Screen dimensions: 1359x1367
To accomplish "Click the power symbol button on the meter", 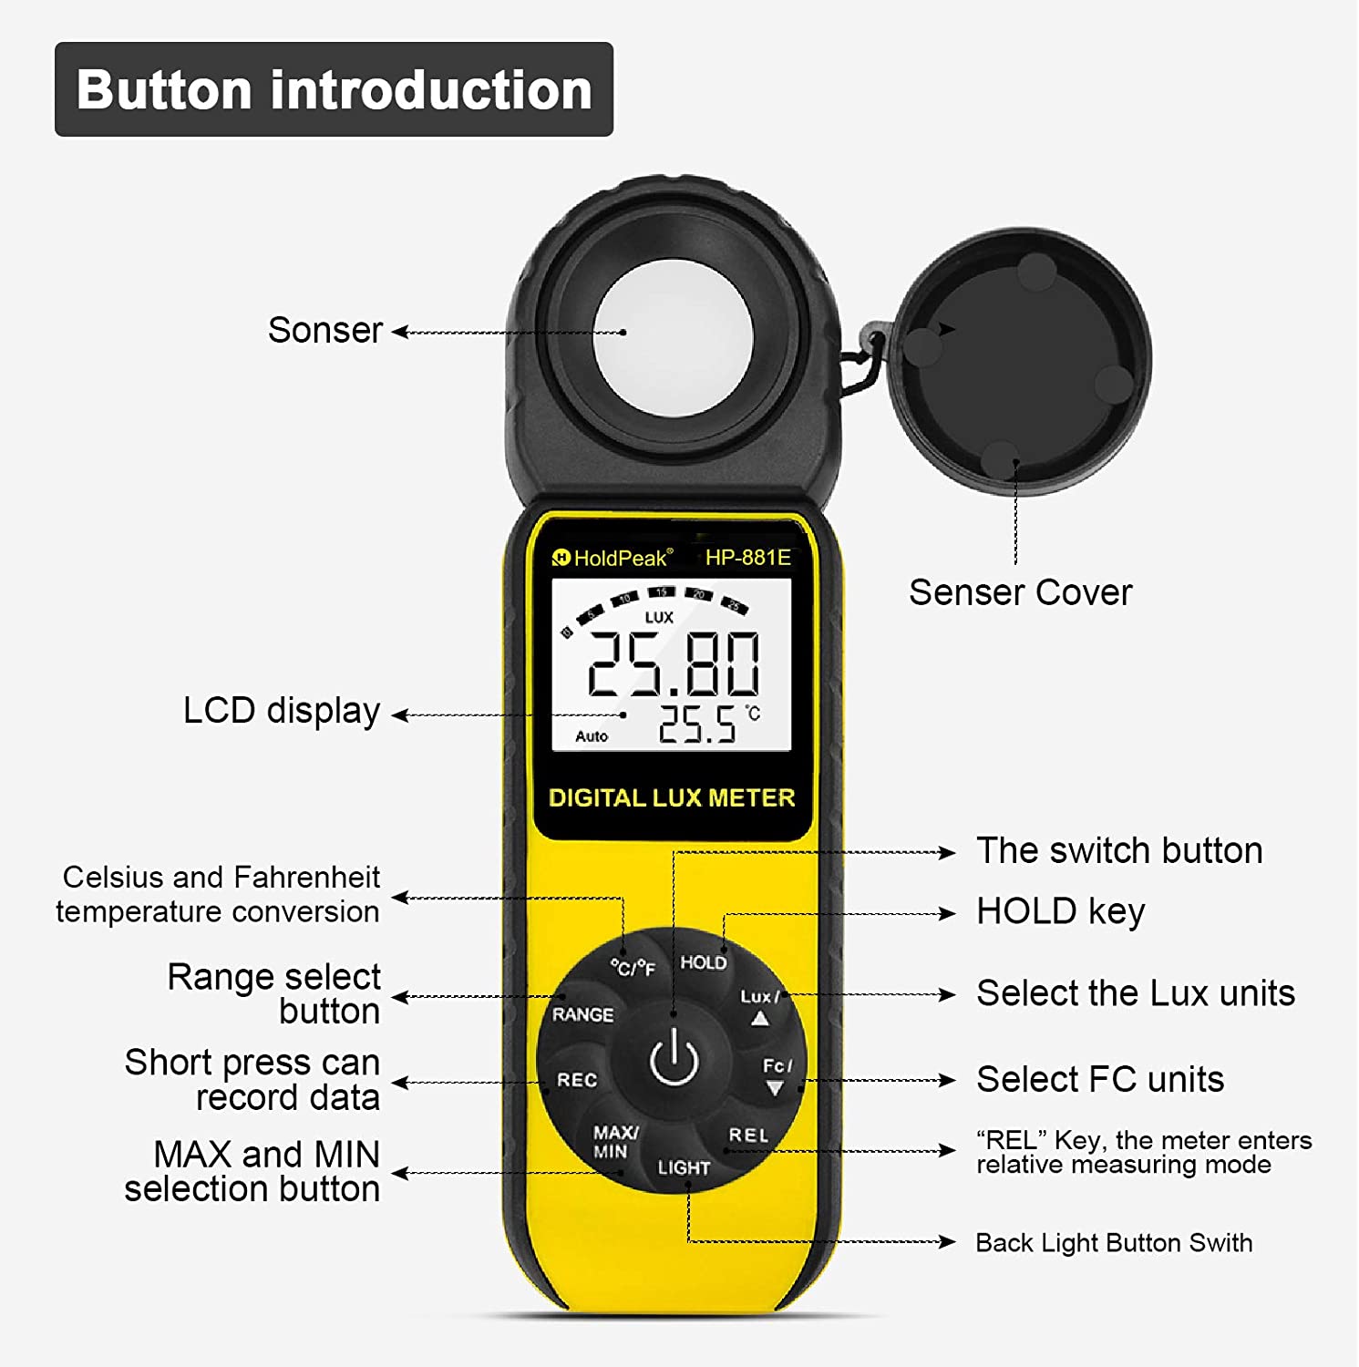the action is (x=674, y=1058).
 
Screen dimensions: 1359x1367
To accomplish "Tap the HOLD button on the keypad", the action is (x=704, y=962).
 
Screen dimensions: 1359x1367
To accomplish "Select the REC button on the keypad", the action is (x=577, y=1080).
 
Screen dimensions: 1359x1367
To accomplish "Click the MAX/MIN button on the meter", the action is (x=615, y=1142).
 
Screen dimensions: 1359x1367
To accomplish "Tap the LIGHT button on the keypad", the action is (x=684, y=1167).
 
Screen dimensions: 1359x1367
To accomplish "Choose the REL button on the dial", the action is (x=748, y=1136).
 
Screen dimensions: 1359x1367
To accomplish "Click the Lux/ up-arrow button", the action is (x=759, y=1006).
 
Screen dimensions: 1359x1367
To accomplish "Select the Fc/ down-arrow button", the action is (x=777, y=1075).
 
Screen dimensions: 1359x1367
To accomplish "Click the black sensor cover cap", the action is (x=1019, y=361).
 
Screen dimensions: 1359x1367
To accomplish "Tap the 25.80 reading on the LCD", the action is (x=673, y=663).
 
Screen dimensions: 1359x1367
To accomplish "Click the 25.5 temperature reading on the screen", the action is (x=697, y=725).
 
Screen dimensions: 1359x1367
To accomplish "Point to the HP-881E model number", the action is (x=747, y=558).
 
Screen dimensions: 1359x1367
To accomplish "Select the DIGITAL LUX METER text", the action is (x=672, y=798).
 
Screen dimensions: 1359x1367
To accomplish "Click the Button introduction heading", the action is (x=335, y=90).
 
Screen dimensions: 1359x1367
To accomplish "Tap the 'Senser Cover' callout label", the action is (x=1020, y=592).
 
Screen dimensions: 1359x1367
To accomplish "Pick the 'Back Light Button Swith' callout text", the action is (x=1114, y=1243).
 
